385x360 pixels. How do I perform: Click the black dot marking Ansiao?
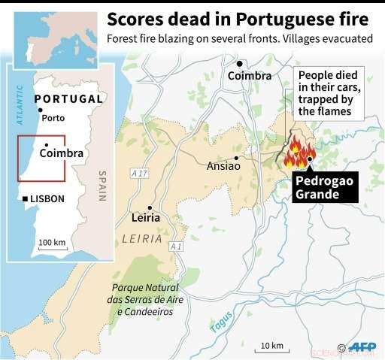pos(237,158)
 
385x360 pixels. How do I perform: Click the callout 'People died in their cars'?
pos(329,92)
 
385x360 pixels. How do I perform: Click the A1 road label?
pos(176,247)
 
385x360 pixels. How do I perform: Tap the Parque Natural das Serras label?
pos(147,299)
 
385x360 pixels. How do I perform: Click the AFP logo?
pos(362,347)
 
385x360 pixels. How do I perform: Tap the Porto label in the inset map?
pos(53,118)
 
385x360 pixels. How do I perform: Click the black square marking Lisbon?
pos(26,198)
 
